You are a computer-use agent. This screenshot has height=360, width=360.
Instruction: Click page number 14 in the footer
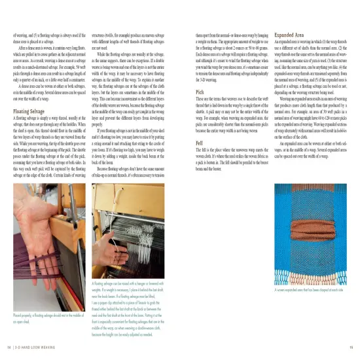pyautogui.click(x=8, y=347)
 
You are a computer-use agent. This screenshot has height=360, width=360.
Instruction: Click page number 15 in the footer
pyautogui.click(x=352, y=347)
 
